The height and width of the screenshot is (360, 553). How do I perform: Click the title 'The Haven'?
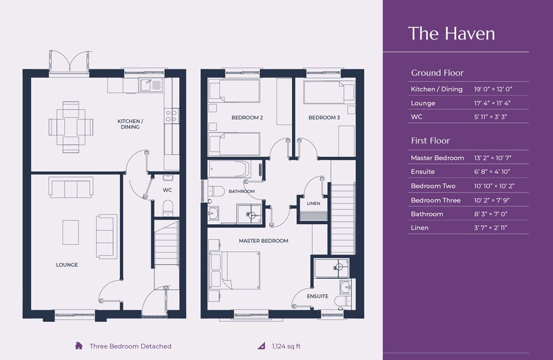pos(451,33)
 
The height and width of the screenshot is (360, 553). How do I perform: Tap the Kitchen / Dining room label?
pos(130,124)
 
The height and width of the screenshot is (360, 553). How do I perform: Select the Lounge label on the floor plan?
pos(67,265)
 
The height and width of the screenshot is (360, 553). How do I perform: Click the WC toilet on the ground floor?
pos(167,207)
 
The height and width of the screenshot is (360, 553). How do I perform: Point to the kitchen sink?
pos(151,86)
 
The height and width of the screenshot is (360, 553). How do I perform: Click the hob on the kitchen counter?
pos(171,116)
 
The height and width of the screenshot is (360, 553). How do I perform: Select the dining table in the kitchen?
pos(71,127)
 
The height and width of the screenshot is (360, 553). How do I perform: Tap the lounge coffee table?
pos(71,233)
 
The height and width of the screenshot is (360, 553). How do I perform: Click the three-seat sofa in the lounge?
pos(71,188)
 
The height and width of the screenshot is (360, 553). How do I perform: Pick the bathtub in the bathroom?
pos(229,169)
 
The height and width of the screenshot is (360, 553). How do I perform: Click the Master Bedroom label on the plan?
pos(263,240)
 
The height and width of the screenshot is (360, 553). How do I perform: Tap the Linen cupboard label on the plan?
pos(314,203)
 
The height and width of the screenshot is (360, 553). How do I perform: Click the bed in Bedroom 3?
pos(323,93)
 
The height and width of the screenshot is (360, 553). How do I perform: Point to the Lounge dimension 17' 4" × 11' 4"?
pos(493,103)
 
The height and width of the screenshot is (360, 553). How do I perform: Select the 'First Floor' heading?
pos(430,140)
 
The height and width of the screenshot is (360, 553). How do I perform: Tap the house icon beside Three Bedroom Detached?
pos(79,346)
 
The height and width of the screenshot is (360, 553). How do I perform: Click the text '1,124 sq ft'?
pos(286,346)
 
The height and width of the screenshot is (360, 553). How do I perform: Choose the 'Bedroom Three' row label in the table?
pos(435,200)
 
